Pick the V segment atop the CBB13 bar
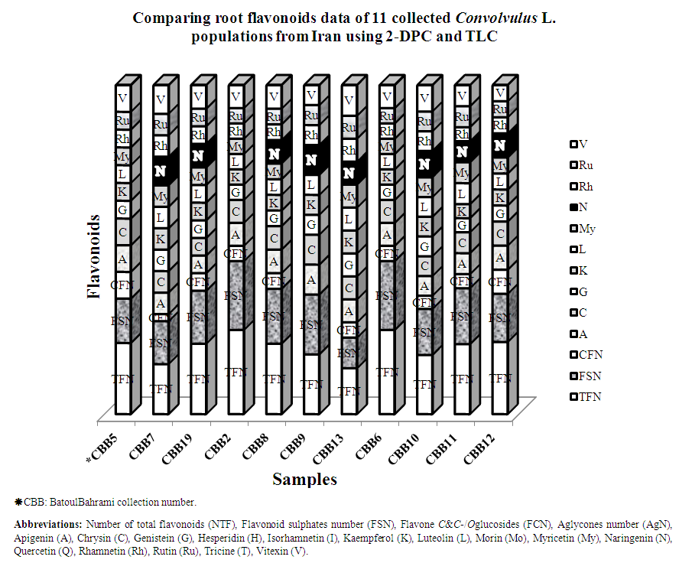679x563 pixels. pos(349,100)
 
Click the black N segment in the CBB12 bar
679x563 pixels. pos(499,145)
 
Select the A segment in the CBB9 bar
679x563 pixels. pos(311,280)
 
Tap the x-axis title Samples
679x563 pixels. pos(304,480)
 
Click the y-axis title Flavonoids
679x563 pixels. pos(93,256)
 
